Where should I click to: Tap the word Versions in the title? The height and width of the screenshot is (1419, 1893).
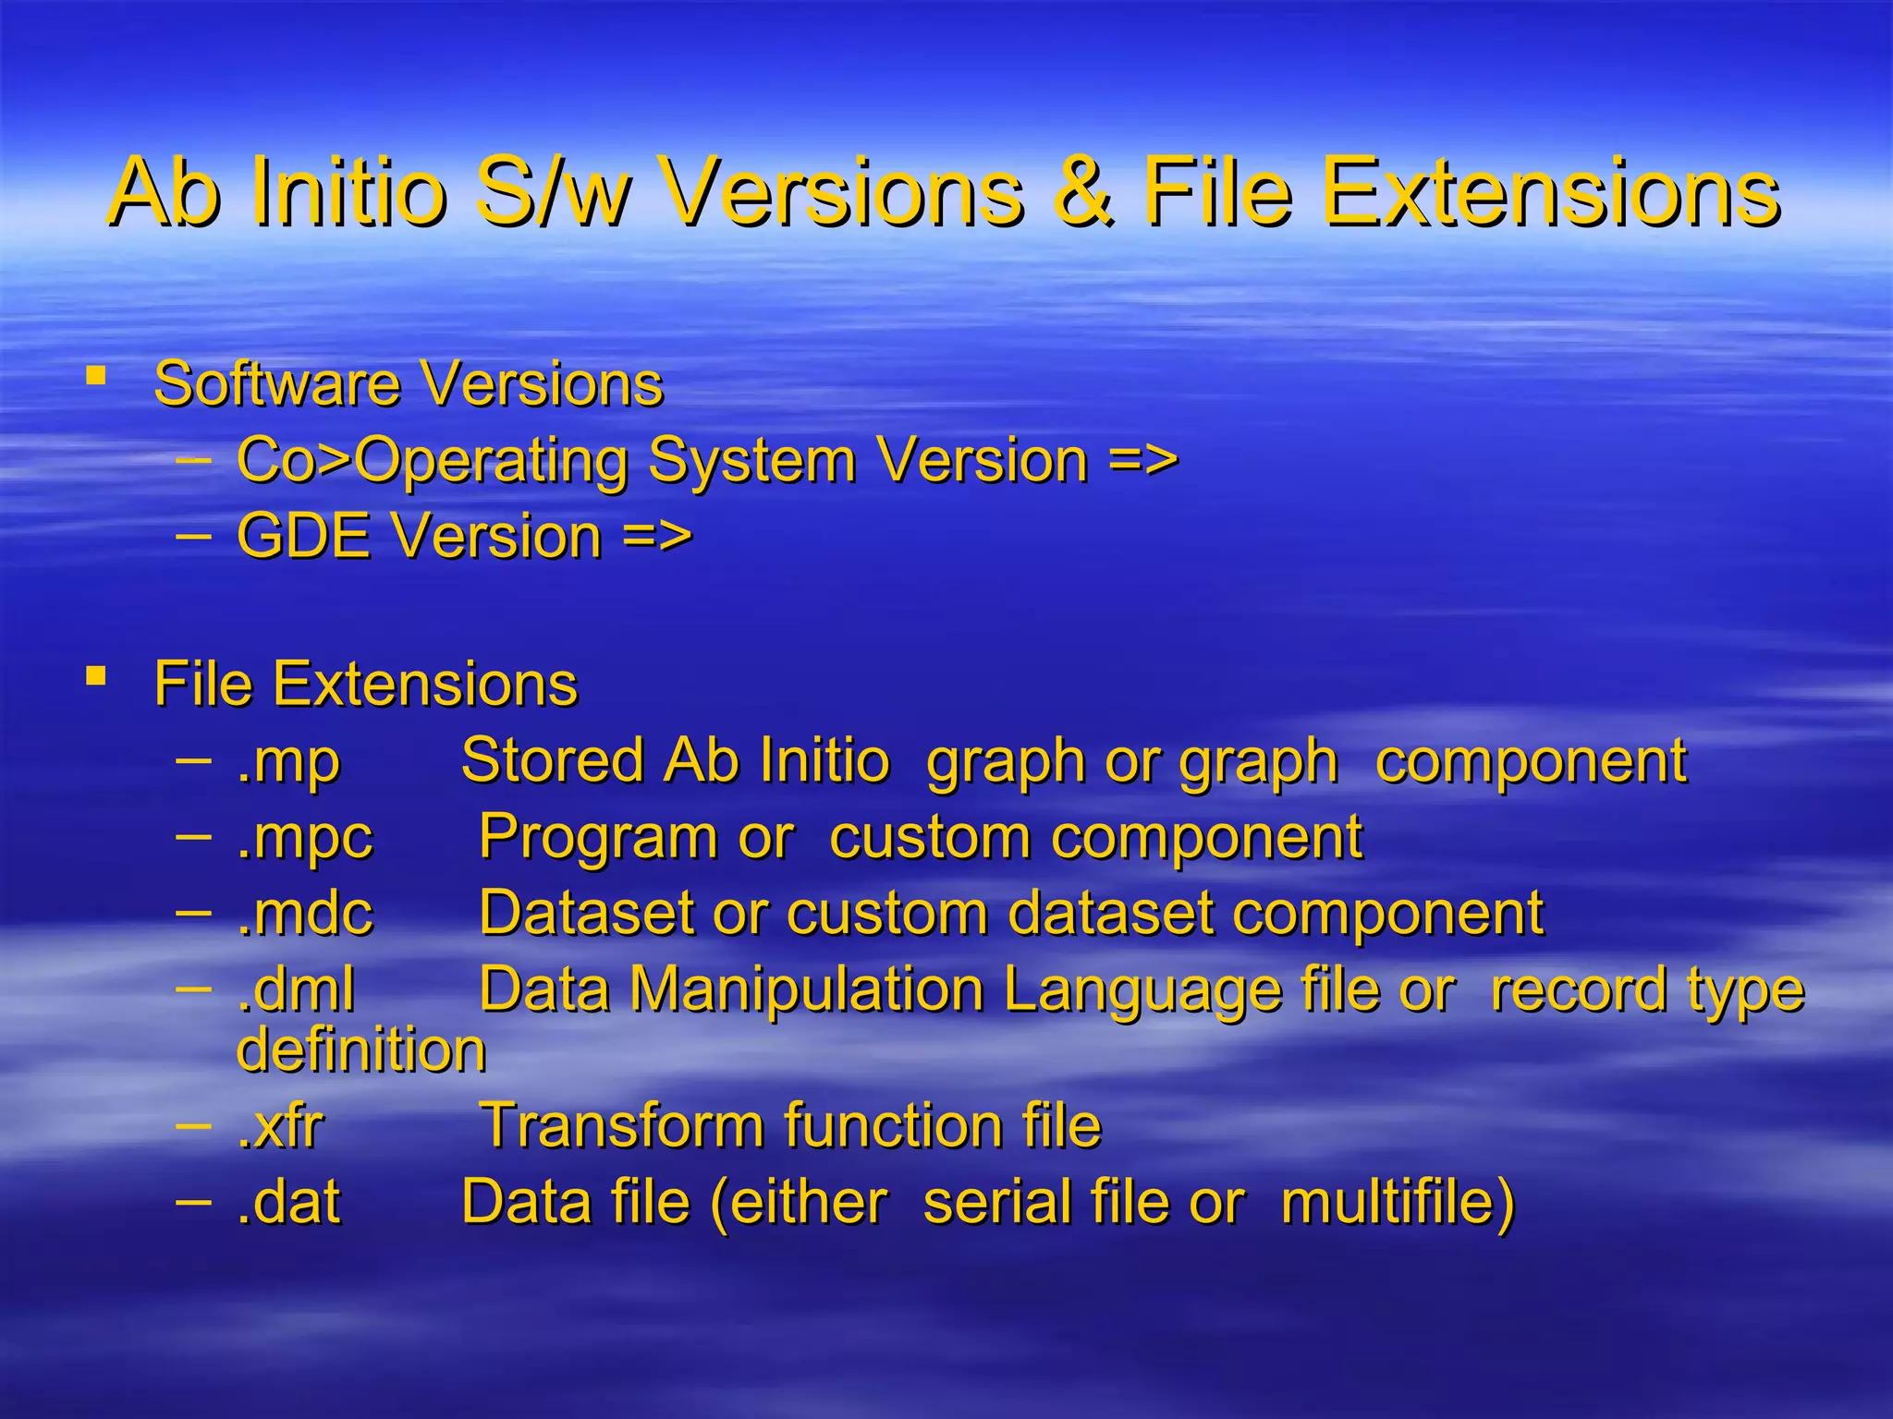844,192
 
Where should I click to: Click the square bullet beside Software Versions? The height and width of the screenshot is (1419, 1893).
95,376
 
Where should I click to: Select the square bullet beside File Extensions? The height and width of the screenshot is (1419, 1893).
95,676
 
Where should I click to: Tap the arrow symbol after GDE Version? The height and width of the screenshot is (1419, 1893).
657,536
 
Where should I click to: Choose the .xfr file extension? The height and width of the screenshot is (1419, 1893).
280,1126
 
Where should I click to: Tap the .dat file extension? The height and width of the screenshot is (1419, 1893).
288,1202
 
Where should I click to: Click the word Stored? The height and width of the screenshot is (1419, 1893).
552,761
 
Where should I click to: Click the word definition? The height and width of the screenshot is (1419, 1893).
361,1050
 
